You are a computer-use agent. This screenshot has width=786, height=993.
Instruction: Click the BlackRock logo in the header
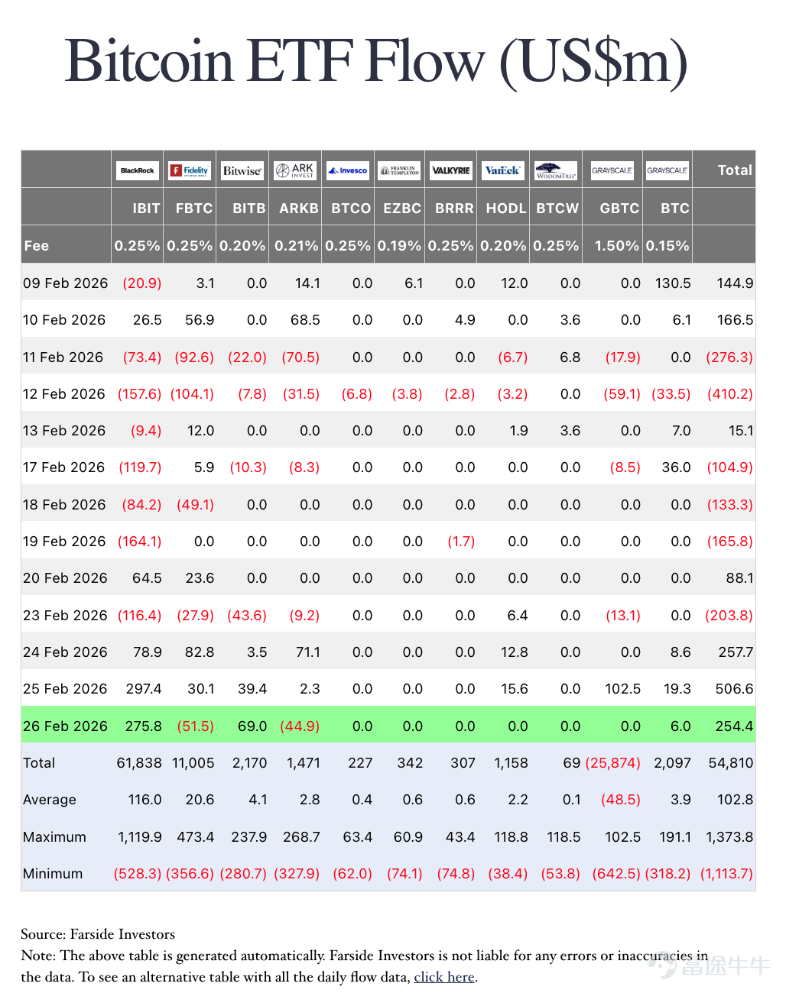[137, 170]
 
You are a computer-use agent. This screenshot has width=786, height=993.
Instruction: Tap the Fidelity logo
[190, 170]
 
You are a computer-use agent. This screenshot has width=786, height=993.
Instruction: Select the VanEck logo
[503, 170]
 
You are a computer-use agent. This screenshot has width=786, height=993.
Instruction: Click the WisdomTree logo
[556, 170]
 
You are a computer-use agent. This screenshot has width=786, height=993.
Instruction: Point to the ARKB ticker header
[299, 209]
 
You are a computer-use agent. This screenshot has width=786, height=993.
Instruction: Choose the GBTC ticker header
[619, 209]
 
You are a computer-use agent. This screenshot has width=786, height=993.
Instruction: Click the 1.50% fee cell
[616, 245]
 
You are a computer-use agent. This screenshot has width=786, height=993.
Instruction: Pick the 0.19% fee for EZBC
[399, 245]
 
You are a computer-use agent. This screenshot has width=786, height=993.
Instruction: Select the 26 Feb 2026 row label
[65, 726]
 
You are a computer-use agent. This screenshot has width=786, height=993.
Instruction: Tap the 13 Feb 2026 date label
[64, 431]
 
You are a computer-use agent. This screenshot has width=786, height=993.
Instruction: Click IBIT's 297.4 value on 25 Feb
[144, 689]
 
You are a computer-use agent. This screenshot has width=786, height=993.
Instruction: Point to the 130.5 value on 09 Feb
[673, 283]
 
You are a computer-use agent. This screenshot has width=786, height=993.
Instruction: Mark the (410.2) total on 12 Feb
[730, 393]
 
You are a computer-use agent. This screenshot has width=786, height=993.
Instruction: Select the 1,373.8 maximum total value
[729, 836]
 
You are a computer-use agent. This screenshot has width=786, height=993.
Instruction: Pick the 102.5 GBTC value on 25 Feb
[622, 689]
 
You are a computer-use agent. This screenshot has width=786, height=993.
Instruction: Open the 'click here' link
[444, 976]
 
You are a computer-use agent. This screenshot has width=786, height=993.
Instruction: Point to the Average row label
[50, 800]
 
